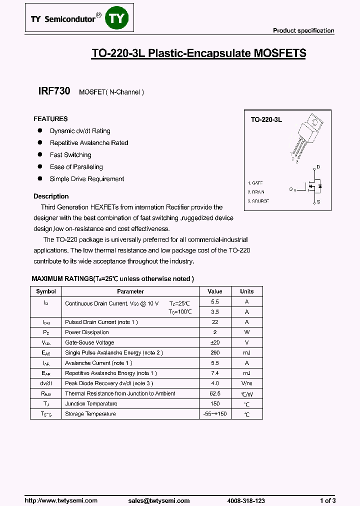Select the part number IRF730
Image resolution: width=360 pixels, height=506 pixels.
(54, 91)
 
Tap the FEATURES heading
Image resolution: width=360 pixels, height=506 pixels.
(50, 119)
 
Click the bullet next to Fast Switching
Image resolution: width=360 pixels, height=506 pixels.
(40, 154)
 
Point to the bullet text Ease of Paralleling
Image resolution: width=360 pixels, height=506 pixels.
(76, 167)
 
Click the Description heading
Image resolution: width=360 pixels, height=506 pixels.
(51, 196)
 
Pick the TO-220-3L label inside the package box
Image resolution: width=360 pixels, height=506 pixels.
(266, 120)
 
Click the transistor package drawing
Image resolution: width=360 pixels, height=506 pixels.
(304, 137)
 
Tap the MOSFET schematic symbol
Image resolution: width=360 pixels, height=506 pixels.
(313, 186)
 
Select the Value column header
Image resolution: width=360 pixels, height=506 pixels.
(214, 291)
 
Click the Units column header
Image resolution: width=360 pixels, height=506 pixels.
(246, 291)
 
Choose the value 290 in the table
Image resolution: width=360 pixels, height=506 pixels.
(214, 353)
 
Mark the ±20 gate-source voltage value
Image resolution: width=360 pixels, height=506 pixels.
(214, 342)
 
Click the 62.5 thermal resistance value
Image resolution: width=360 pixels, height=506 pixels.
(214, 393)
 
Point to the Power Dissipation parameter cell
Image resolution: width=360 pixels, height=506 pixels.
(87, 332)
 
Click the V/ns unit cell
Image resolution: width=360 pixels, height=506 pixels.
(246, 383)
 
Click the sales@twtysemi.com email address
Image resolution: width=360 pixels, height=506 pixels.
(158, 500)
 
